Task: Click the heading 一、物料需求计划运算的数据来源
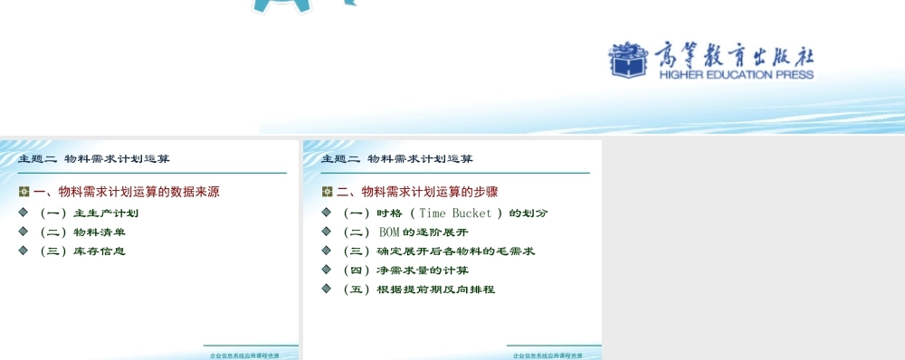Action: coord(126,192)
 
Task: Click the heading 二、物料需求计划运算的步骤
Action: coord(417,192)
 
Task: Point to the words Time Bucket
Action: coord(456,213)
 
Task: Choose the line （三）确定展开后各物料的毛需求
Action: coord(438,251)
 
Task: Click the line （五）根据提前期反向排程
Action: coord(418,289)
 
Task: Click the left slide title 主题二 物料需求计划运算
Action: coord(94,159)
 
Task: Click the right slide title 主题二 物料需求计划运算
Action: coord(397,159)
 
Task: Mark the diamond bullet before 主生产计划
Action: coord(24,213)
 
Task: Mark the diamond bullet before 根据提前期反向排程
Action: coord(327,289)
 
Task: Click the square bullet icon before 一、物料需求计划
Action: coord(24,192)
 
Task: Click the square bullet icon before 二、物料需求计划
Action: coord(328,192)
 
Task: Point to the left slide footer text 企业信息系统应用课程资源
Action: coord(244,355)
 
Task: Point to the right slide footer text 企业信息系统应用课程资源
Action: coord(548,355)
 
